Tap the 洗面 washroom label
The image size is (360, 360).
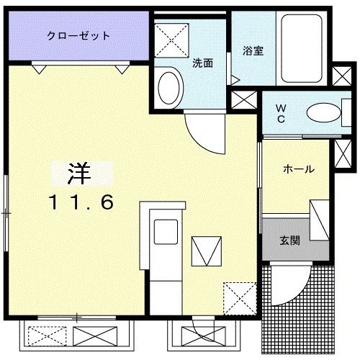coord(202,63)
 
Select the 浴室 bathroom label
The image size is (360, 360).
coord(252,51)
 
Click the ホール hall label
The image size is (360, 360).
coord(297,169)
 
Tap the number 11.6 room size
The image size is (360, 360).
coord(81,203)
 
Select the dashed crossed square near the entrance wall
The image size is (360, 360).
coord(238,295)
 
